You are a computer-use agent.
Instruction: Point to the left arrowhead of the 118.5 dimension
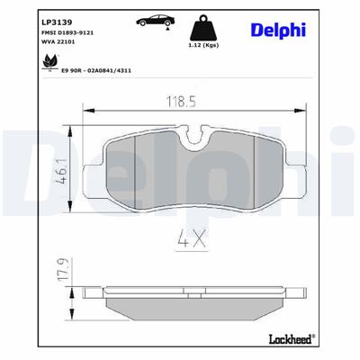pos(86,112)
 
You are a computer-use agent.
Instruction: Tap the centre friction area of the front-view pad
pos(189,175)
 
